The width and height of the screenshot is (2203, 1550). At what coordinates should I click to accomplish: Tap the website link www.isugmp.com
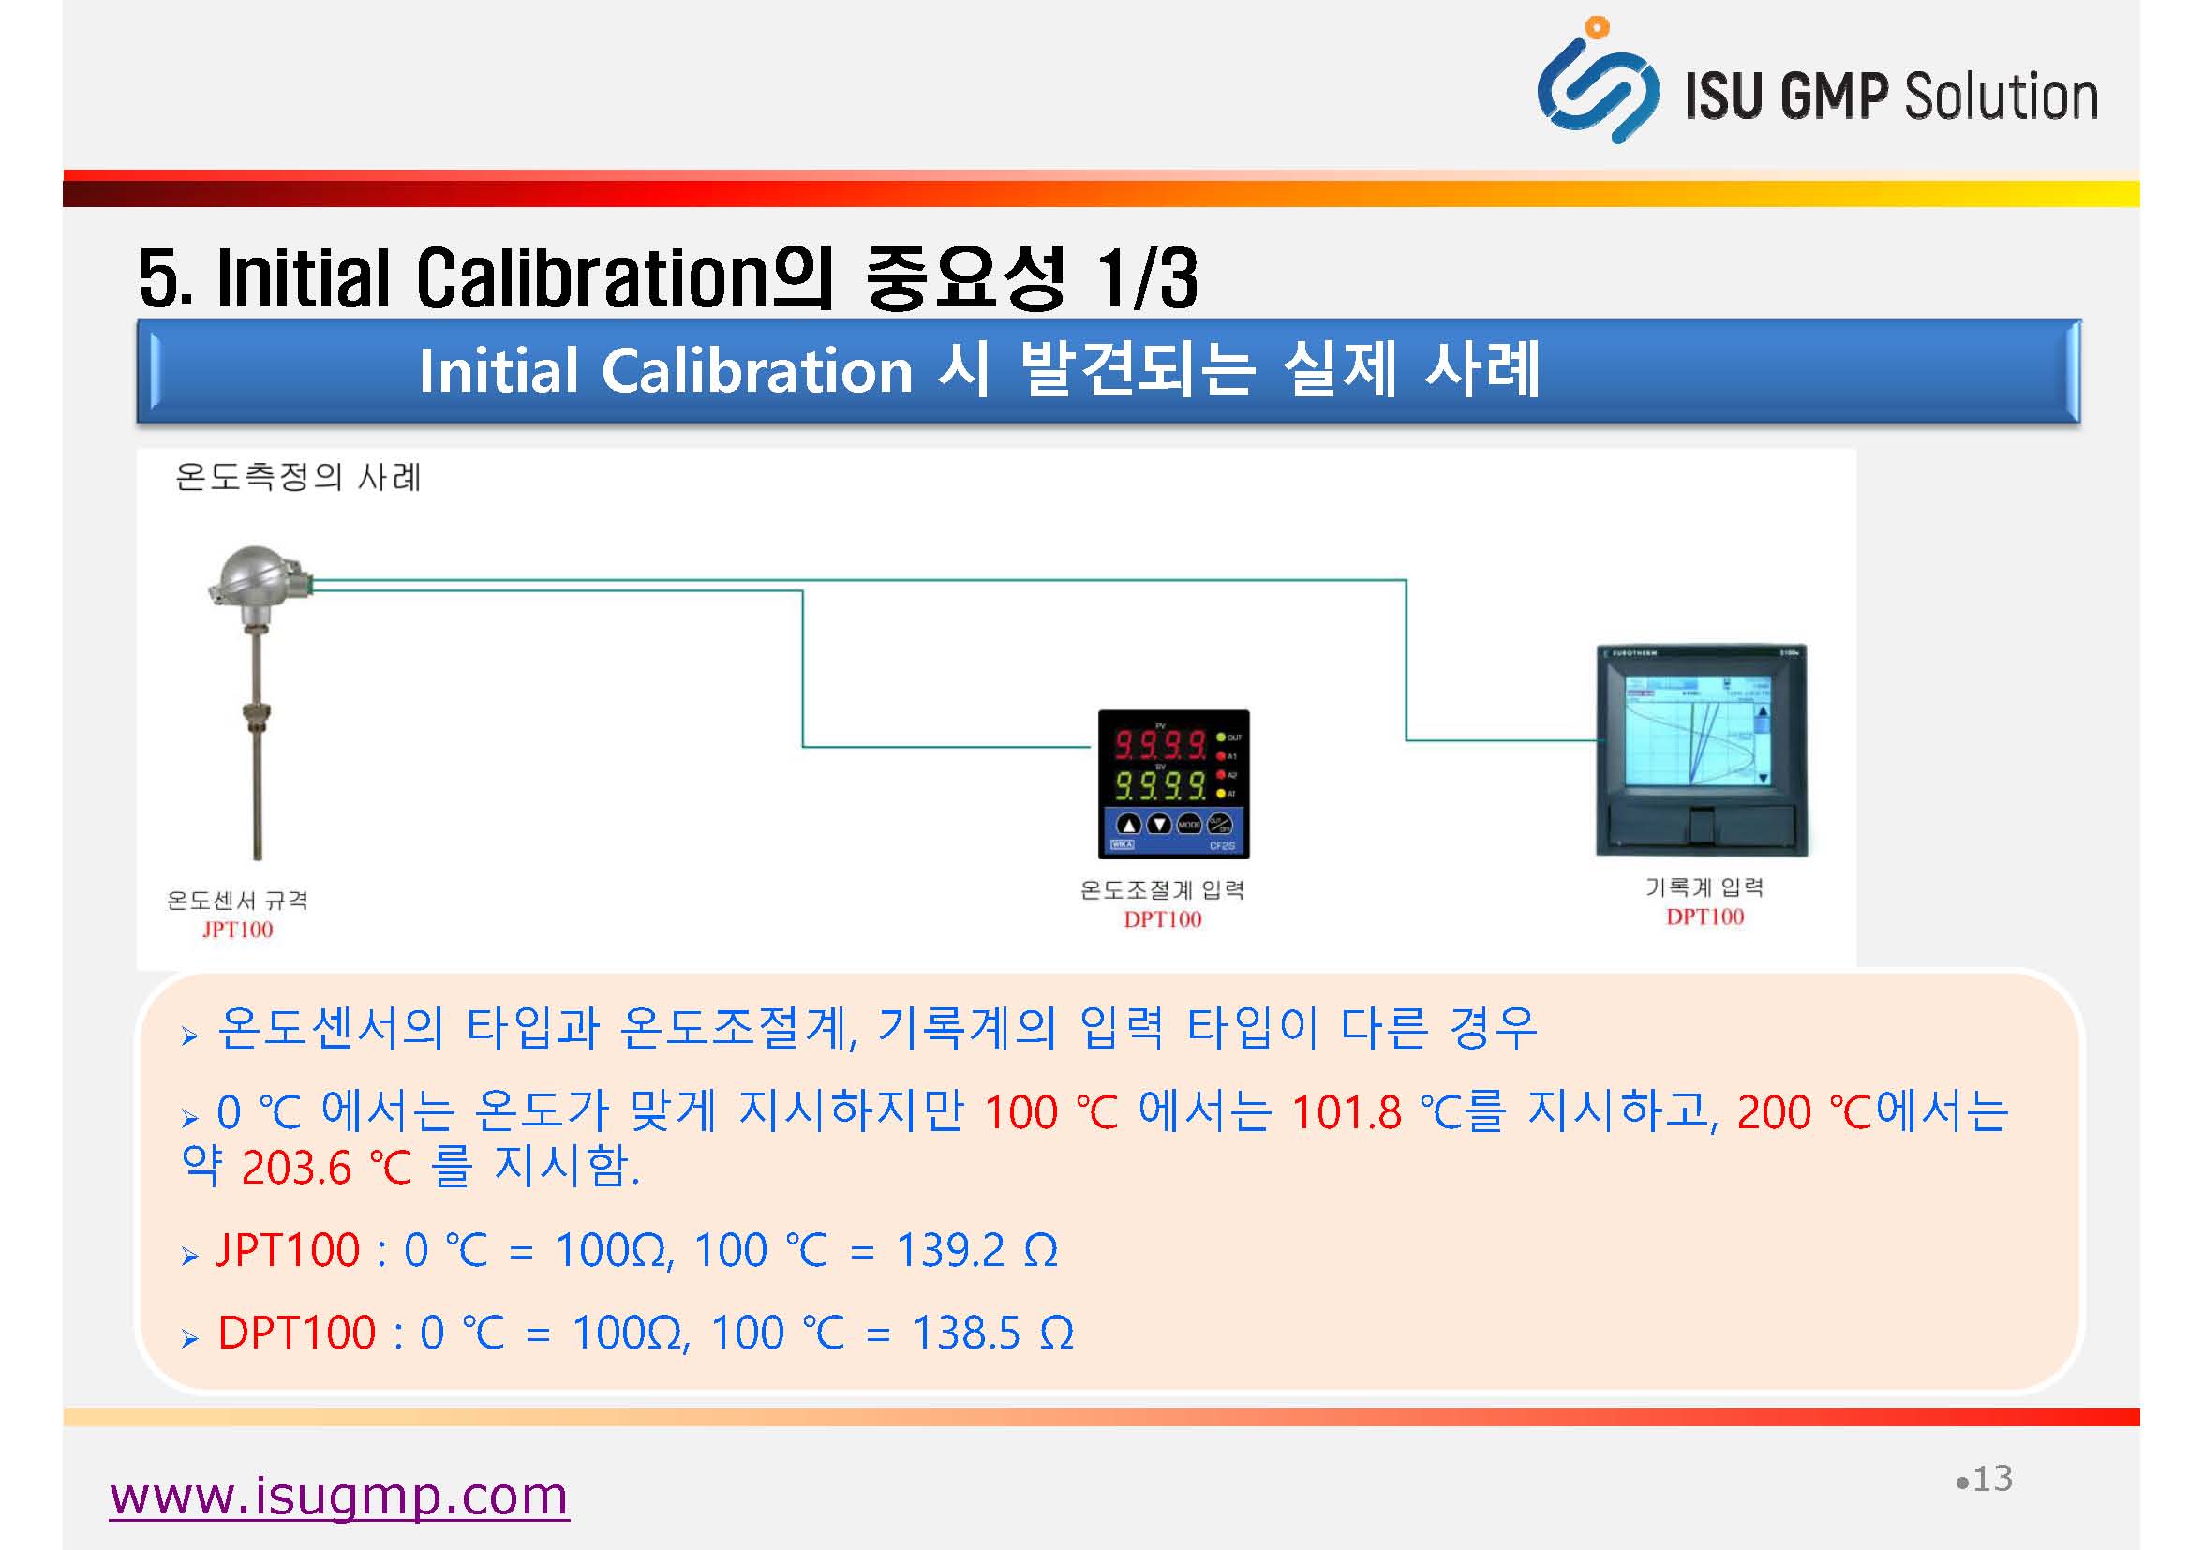click(338, 1497)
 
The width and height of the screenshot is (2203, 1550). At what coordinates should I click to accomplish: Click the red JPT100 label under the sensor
click(237, 929)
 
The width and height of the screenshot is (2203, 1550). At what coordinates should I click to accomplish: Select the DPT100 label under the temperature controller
click(1162, 918)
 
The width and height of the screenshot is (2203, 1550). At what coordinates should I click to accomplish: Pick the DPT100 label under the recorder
click(1705, 917)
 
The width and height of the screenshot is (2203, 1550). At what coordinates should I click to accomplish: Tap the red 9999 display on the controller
click(1159, 744)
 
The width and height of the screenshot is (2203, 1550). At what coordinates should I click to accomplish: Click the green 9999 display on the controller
click(1159, 786)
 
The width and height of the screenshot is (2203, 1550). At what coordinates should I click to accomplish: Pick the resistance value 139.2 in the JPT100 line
click(950, 1250)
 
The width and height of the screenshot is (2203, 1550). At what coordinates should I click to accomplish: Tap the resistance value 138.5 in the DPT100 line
click(965, 1334)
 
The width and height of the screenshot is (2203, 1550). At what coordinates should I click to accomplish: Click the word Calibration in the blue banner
click(757, 371)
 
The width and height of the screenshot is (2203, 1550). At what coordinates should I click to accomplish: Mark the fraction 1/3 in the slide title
click(1149, 278)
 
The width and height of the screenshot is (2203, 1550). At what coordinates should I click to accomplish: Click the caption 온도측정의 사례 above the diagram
click(298, 477)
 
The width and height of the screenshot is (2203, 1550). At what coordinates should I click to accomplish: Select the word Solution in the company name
click(2001, 96)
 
